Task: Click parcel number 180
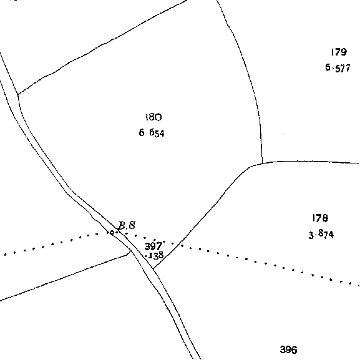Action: [x=153, y=117]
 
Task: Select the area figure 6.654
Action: [x=152, y=133]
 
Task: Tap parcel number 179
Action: [x=339, y=52]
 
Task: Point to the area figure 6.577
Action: [x=338, y=68]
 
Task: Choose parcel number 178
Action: [x=320, y=218]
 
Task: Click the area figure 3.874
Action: [x=321, y=235]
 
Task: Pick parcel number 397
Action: [x=153, y=246]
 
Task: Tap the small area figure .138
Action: [x=155, y=255]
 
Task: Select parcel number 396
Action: [x=289, y=349]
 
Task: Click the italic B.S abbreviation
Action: [x=127, y=225]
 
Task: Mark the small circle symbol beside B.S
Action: [x=111, y=233]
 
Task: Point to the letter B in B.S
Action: [x=122, y=226]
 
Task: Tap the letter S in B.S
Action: [x=132, y=225]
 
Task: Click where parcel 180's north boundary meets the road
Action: [x=18, y=94]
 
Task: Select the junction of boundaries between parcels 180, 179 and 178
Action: [x=262, y=163]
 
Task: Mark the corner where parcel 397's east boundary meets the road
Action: [x=153, y=268]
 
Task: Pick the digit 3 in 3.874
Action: [x=311, y=236]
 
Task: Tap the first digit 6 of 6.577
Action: [x=328, y=67]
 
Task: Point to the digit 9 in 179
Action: [x=344, y=52]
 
